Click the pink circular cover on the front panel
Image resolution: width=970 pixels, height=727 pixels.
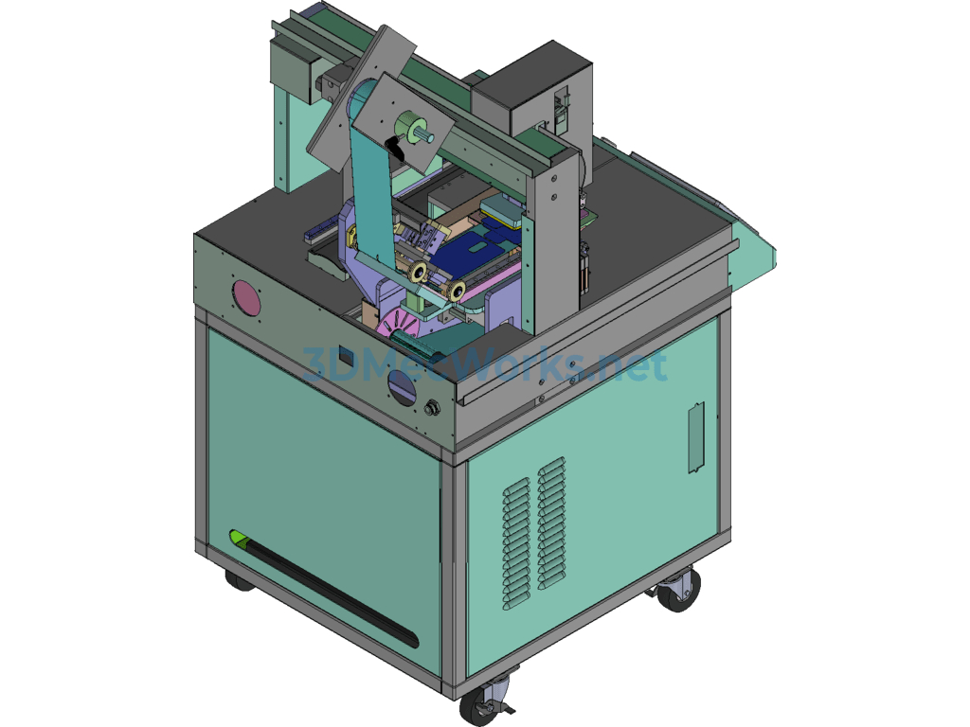(x=246, y=298)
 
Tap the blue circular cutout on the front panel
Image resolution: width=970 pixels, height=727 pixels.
(x=401, y=387)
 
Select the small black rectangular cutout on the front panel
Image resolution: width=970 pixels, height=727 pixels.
(x=348, y=357)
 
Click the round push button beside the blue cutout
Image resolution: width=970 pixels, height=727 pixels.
(x=432, y=409)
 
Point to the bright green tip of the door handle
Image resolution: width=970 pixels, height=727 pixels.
(x=238, y=536)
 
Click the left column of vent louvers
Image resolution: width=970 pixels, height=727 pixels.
(x=516, y=543)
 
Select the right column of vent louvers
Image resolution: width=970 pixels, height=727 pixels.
(x=551, y=523)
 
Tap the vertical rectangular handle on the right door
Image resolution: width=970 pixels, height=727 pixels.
(x=696, y=437)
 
